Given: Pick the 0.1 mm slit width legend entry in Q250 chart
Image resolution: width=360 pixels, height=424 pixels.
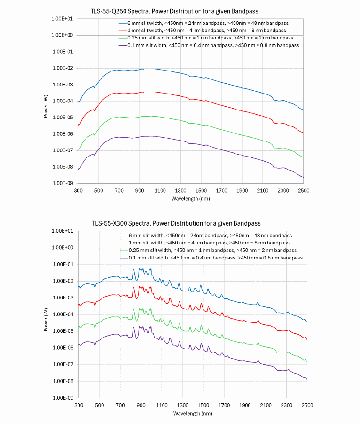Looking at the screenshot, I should click(209, 45).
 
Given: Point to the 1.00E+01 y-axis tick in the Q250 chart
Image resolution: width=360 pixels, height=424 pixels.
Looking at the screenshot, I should click(63, 19).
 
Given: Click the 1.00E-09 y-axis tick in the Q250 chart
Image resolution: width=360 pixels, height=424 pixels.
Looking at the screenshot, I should click(63, 183).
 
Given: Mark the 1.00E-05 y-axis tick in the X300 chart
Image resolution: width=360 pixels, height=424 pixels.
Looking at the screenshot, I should click(64, 331).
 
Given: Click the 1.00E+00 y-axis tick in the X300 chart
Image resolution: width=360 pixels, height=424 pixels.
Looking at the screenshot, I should click(64, 248).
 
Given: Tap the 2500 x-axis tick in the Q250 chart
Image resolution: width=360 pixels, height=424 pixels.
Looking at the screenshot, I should click(303, 190).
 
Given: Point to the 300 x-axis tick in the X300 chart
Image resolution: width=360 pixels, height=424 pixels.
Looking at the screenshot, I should click(78, 405).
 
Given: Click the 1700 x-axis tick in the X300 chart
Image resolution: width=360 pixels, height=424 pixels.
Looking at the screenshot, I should click(224, 405).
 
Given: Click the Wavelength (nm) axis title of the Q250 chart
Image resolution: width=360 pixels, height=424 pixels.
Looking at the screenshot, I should click(190, 199).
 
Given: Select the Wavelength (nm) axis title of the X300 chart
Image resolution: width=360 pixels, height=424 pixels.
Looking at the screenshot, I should click(193, 413).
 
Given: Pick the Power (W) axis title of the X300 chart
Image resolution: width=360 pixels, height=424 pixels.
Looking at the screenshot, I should click(46, 314).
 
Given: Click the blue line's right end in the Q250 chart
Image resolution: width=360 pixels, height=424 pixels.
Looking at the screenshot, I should click(303, 110).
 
